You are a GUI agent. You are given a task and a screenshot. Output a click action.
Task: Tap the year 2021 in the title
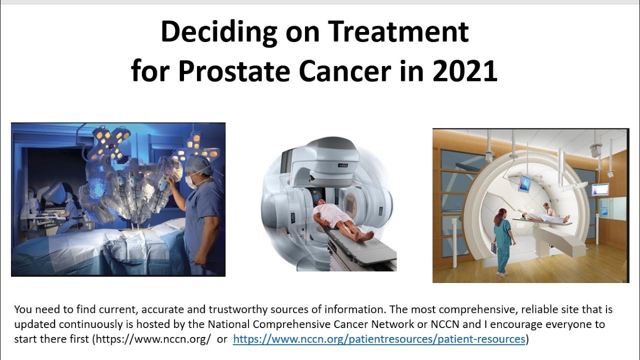click(x=464, y=71)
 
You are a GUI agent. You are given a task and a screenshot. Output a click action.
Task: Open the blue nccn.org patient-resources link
click(x=379, y=339)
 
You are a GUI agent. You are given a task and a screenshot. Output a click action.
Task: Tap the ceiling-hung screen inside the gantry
click(x=524, y=183)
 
